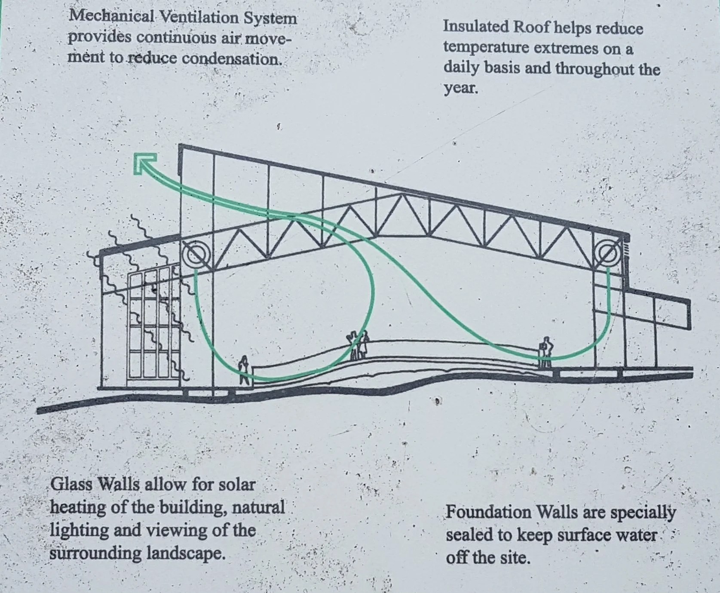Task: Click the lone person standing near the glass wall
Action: pyautogui.click(x=244, y=370)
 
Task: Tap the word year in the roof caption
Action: pyautogui.click(x=460, y=89)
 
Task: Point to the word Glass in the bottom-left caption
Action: pyautogui.click(x=71, y=485)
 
